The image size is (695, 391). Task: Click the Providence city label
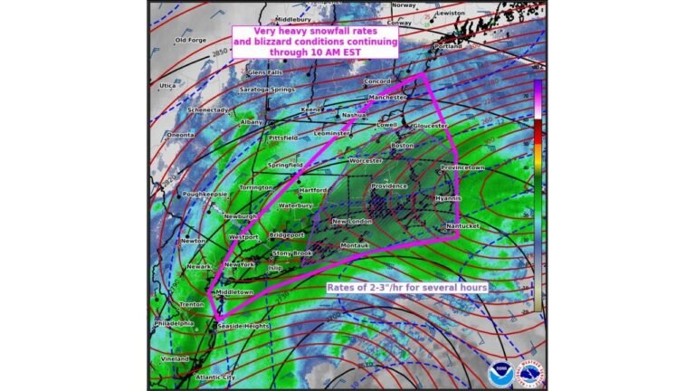point(390,186)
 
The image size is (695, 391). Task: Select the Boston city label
point(402,146)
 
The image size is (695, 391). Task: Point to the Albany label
point(252,121)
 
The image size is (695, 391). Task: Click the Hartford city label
point(314,191)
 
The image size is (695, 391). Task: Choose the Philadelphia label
point(174,323)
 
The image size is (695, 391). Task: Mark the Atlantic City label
point(215,377)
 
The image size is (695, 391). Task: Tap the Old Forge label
point(191,40)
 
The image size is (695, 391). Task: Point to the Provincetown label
point(462,167)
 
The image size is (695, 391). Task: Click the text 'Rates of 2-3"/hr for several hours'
point(407,287)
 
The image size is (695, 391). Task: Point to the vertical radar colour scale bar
point(538,195)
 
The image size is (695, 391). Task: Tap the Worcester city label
point(365,160)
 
